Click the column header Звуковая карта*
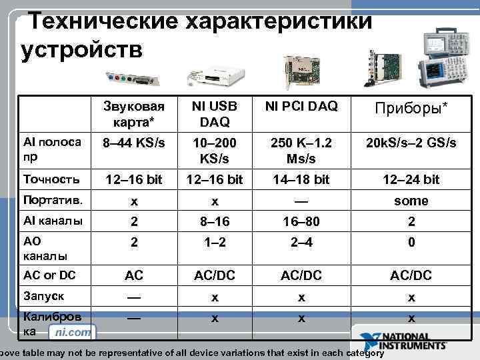click(134, 114)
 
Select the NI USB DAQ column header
click(214, 114)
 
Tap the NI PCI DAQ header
click(301, 106)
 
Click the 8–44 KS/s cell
click(134, 143)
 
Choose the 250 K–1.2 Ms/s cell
click(301, 151)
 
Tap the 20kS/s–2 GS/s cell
click(411, 143)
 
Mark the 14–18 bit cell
click(301, 179)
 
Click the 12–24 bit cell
click(411, 179)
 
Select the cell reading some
click(411, 201)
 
